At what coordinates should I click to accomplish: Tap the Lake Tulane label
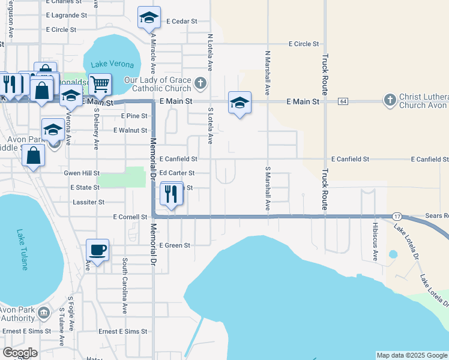click(22, 249)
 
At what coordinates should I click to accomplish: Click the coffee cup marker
click(97, 249)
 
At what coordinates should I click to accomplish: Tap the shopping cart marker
click(100, 84)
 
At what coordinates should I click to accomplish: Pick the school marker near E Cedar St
click(148, 18)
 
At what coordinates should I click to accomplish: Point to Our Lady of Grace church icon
click(200, 82)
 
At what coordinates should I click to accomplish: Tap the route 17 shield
click(397, 215)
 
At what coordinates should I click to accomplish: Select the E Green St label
click(175, 245)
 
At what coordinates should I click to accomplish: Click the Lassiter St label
click(88, 202)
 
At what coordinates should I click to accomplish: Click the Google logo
click(20, 352)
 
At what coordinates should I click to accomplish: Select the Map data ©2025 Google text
click(412, 355)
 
